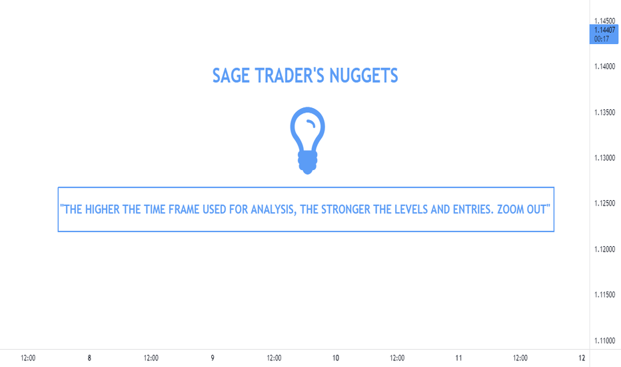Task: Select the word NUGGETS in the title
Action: click(364, 75)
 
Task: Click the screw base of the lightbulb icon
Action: click(308, 163)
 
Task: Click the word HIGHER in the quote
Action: click(102, 209)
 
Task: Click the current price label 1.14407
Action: click(604, 30)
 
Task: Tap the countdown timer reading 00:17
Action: click(601, 39)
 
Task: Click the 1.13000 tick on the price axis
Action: click(604, 158)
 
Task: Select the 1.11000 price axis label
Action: click(604, 340)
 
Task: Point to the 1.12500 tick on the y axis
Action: click(604, 204)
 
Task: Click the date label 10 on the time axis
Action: click(335, 358)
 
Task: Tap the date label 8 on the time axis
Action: click(89, 358)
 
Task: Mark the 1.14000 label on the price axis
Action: click(604, 66)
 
